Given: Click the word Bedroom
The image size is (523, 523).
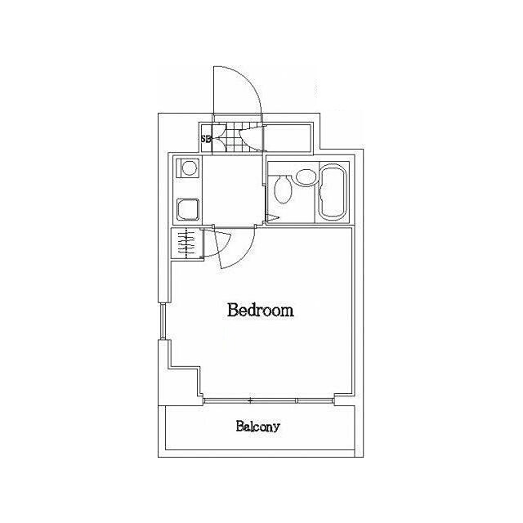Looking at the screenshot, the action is pyautogui.click(x=260, y=311).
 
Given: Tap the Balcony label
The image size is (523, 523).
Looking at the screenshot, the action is pyautogui.click(x=258, y=427).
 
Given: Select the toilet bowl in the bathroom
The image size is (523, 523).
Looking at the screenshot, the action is pyautogui.click(x=284, y=190).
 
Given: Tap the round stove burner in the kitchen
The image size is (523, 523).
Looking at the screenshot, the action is pyautogui.click(x=189, y=168).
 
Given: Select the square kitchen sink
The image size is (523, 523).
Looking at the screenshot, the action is pyautogui.click(x=188, y=209).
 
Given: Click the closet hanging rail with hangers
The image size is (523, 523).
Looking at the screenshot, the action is pyautogui.click(x=186, y=244).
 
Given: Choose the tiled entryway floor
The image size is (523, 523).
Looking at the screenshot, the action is pyautogui.click(x=236, y=138).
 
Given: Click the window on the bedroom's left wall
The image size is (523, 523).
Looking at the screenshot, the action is pyautogui.click(x=162, y=321).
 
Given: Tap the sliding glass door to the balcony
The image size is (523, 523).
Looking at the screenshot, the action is pyautogui.click(x=269, y=400).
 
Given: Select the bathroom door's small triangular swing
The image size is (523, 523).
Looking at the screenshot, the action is pyautogui.click(x=273, y=218).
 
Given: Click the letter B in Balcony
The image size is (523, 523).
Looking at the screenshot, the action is pyautogui.click(x=239, y=426).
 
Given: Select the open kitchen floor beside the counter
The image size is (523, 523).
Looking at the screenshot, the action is pyautogui.click(x=232, y=190).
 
